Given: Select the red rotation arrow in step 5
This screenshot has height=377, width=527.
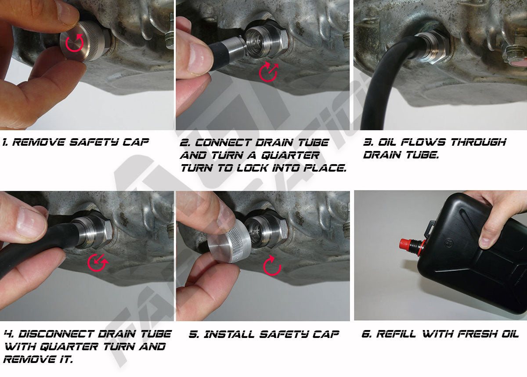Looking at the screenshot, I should pyautogui.click(x=271, y=266).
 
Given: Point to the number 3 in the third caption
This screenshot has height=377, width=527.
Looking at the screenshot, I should pyautogui.click(x=367, y=142).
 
